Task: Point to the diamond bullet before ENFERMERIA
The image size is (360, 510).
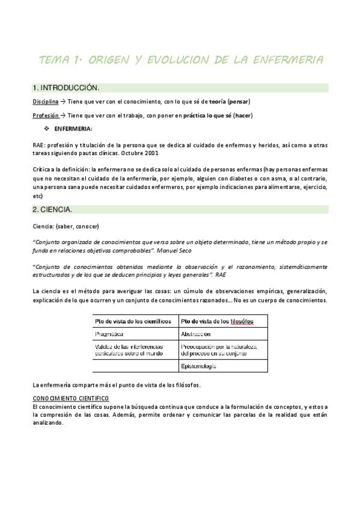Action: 46,129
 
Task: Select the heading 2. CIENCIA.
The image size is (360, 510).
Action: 52,209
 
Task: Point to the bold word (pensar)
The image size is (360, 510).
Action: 238,101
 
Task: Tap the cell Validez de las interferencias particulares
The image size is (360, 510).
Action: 132,349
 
